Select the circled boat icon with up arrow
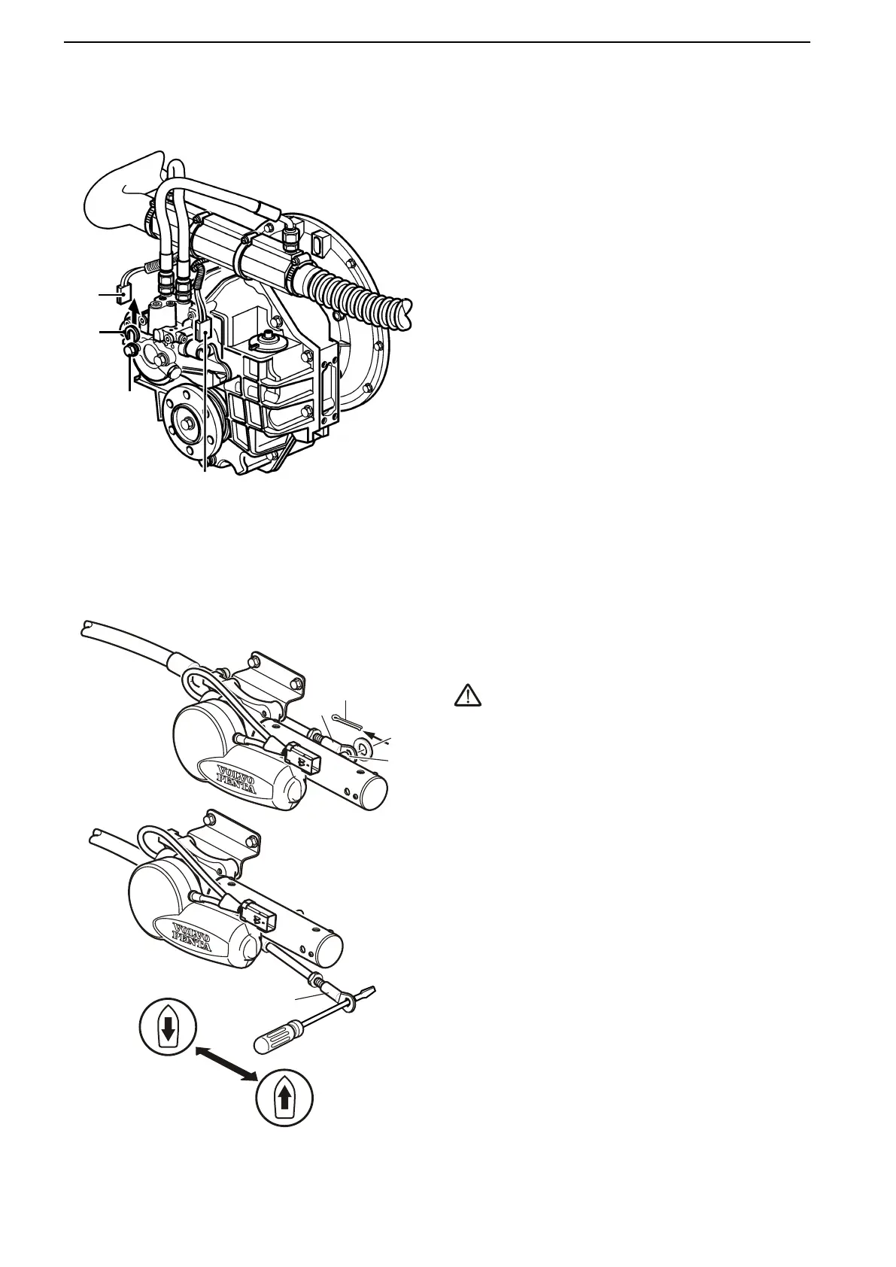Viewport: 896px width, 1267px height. pyautogui.click(x=284, y=1098)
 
